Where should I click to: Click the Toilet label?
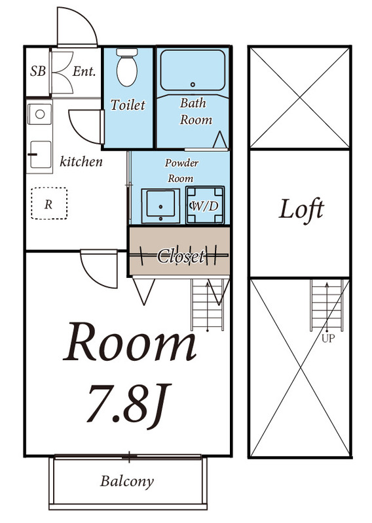tap(128, 105)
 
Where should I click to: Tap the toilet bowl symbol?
tap(127, 67)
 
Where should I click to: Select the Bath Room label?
tap(193, 111)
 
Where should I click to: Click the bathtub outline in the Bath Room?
tap(193, 70)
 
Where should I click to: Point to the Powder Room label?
tap(181, 170)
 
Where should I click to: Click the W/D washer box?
tap(204, 205)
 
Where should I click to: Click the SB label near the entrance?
tap(38, 71)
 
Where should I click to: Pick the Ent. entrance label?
tap(84, 71)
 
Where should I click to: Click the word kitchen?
tap(81, 161)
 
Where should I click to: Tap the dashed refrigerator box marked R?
tap(48, 203)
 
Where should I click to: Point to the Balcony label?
tap(127, 482)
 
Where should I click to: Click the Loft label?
tap(302, 210)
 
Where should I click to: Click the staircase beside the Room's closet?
tap(209, 303)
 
